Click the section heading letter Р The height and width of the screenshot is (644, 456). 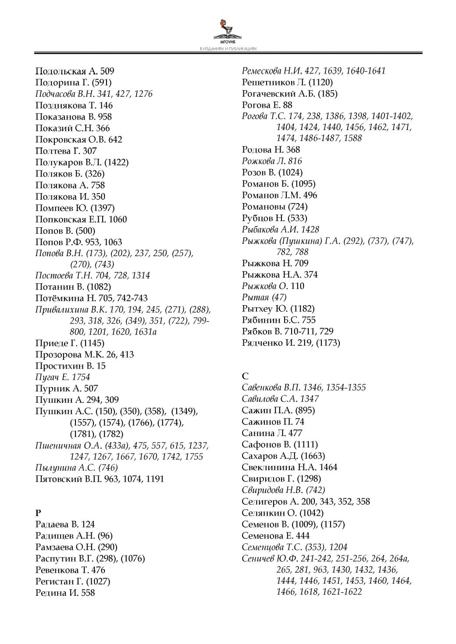point(38,513)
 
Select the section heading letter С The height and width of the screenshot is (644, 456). point(245,376)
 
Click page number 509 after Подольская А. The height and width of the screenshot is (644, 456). point(107,71)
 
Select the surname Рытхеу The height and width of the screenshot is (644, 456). point(258,309)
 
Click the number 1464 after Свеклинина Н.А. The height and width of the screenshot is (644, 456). point(328,467)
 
